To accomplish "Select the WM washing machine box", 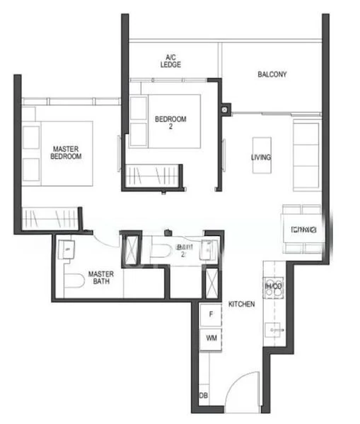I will pyautogui.click(x=210, y=338).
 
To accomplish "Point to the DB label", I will pyautogui.click(x=204, y=396).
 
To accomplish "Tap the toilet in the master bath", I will pyautogui.click(x=73, y=284).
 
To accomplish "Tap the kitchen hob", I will pyautogui.click(x=272, y=286).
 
